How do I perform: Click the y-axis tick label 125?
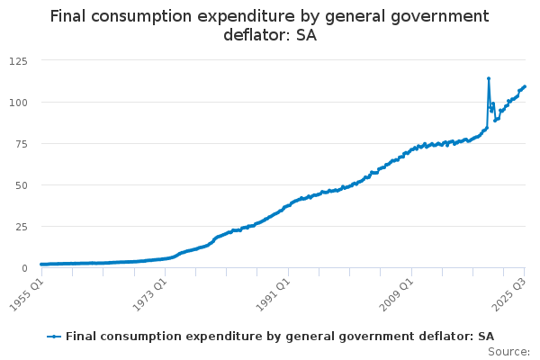coord(18,60)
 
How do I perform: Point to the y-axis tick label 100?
coord(18,102)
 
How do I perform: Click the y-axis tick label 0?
coord(25,267)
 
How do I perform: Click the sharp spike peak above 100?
coord(489,78)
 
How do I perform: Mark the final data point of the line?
coord(525,86)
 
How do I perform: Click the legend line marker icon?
coord(55,336)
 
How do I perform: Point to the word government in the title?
coord(433,16)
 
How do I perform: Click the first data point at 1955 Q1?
coord(41,265)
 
